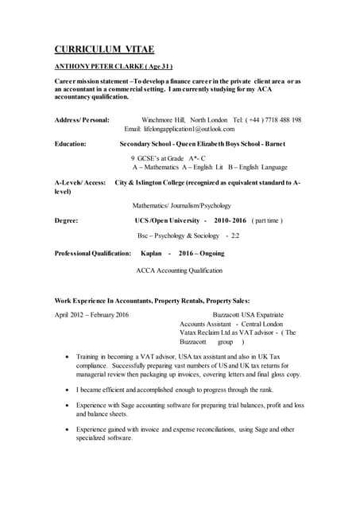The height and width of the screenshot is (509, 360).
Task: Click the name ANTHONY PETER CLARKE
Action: (100, 67)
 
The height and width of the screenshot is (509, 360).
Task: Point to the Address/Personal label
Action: (82, 119)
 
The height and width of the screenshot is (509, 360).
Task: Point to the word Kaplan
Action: (151, 253)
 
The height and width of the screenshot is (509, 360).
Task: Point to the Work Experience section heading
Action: (152, 301)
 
